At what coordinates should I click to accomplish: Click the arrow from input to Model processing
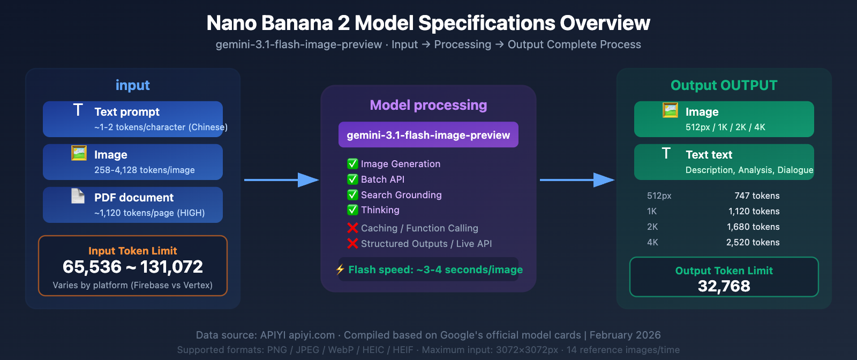281,180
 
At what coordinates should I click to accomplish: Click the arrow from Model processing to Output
577,180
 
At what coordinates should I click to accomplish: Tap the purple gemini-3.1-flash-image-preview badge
428,135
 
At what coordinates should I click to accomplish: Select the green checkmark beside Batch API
352,179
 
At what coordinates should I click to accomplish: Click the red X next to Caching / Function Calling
352,228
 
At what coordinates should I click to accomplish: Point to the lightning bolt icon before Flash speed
340,269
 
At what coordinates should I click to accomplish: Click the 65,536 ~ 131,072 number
133,267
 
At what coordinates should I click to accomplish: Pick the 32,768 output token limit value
724,286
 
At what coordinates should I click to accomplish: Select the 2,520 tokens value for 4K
753,242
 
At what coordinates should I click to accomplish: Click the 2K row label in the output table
652,227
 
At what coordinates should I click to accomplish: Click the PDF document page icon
78,196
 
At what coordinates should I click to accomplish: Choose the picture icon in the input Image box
79,153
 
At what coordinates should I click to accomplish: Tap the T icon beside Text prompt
78,110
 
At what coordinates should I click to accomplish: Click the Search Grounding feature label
401,195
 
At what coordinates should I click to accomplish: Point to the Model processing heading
428,105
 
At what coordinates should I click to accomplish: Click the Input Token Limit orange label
133,251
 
